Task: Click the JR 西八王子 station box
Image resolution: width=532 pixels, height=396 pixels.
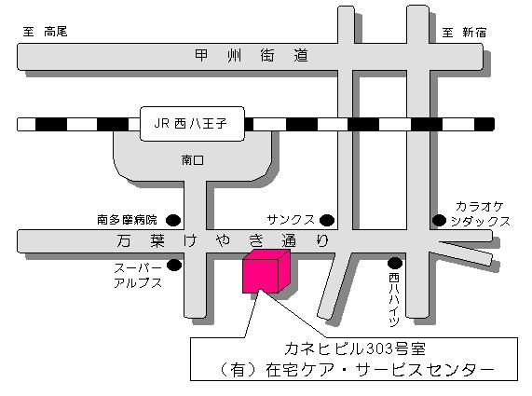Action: tap(192, 124)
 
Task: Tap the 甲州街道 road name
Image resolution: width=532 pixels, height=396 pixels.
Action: tap(252, 55)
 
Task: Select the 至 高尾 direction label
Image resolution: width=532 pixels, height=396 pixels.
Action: tap(45, 32)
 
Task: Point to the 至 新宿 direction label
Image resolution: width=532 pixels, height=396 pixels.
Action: tap(464, 33)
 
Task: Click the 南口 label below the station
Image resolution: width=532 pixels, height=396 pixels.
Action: tap(192, 160)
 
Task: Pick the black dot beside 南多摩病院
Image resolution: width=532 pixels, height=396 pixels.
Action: tap(173, 220)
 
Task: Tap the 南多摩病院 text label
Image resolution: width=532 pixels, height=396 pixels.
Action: tap(127, 220)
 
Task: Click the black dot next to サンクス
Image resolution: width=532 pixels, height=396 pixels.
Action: tap(327, 220)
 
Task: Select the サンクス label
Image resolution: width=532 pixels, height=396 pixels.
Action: tap(291, 220)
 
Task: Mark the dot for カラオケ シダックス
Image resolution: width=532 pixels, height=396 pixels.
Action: tap(439, 220)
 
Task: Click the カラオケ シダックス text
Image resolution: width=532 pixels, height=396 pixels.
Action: tap(481, 213)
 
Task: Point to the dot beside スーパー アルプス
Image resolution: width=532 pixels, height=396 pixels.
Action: tap(174, 265)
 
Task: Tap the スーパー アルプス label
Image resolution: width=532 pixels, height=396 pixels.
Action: tap(138, 276)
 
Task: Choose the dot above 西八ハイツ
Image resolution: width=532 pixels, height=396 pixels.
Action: tap(395, 263)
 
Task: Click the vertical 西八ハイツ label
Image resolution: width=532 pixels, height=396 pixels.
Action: tap(394, 300)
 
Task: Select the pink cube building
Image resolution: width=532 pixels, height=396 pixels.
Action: tap(266, 271)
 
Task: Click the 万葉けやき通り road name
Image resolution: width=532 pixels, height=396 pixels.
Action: tap(223, 240)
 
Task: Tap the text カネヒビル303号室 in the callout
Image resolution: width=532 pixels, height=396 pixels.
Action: tap(355, 348)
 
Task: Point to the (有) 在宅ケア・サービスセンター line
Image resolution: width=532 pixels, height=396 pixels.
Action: tap(356, 369)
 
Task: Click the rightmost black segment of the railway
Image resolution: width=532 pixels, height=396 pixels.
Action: tap(484, 124)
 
